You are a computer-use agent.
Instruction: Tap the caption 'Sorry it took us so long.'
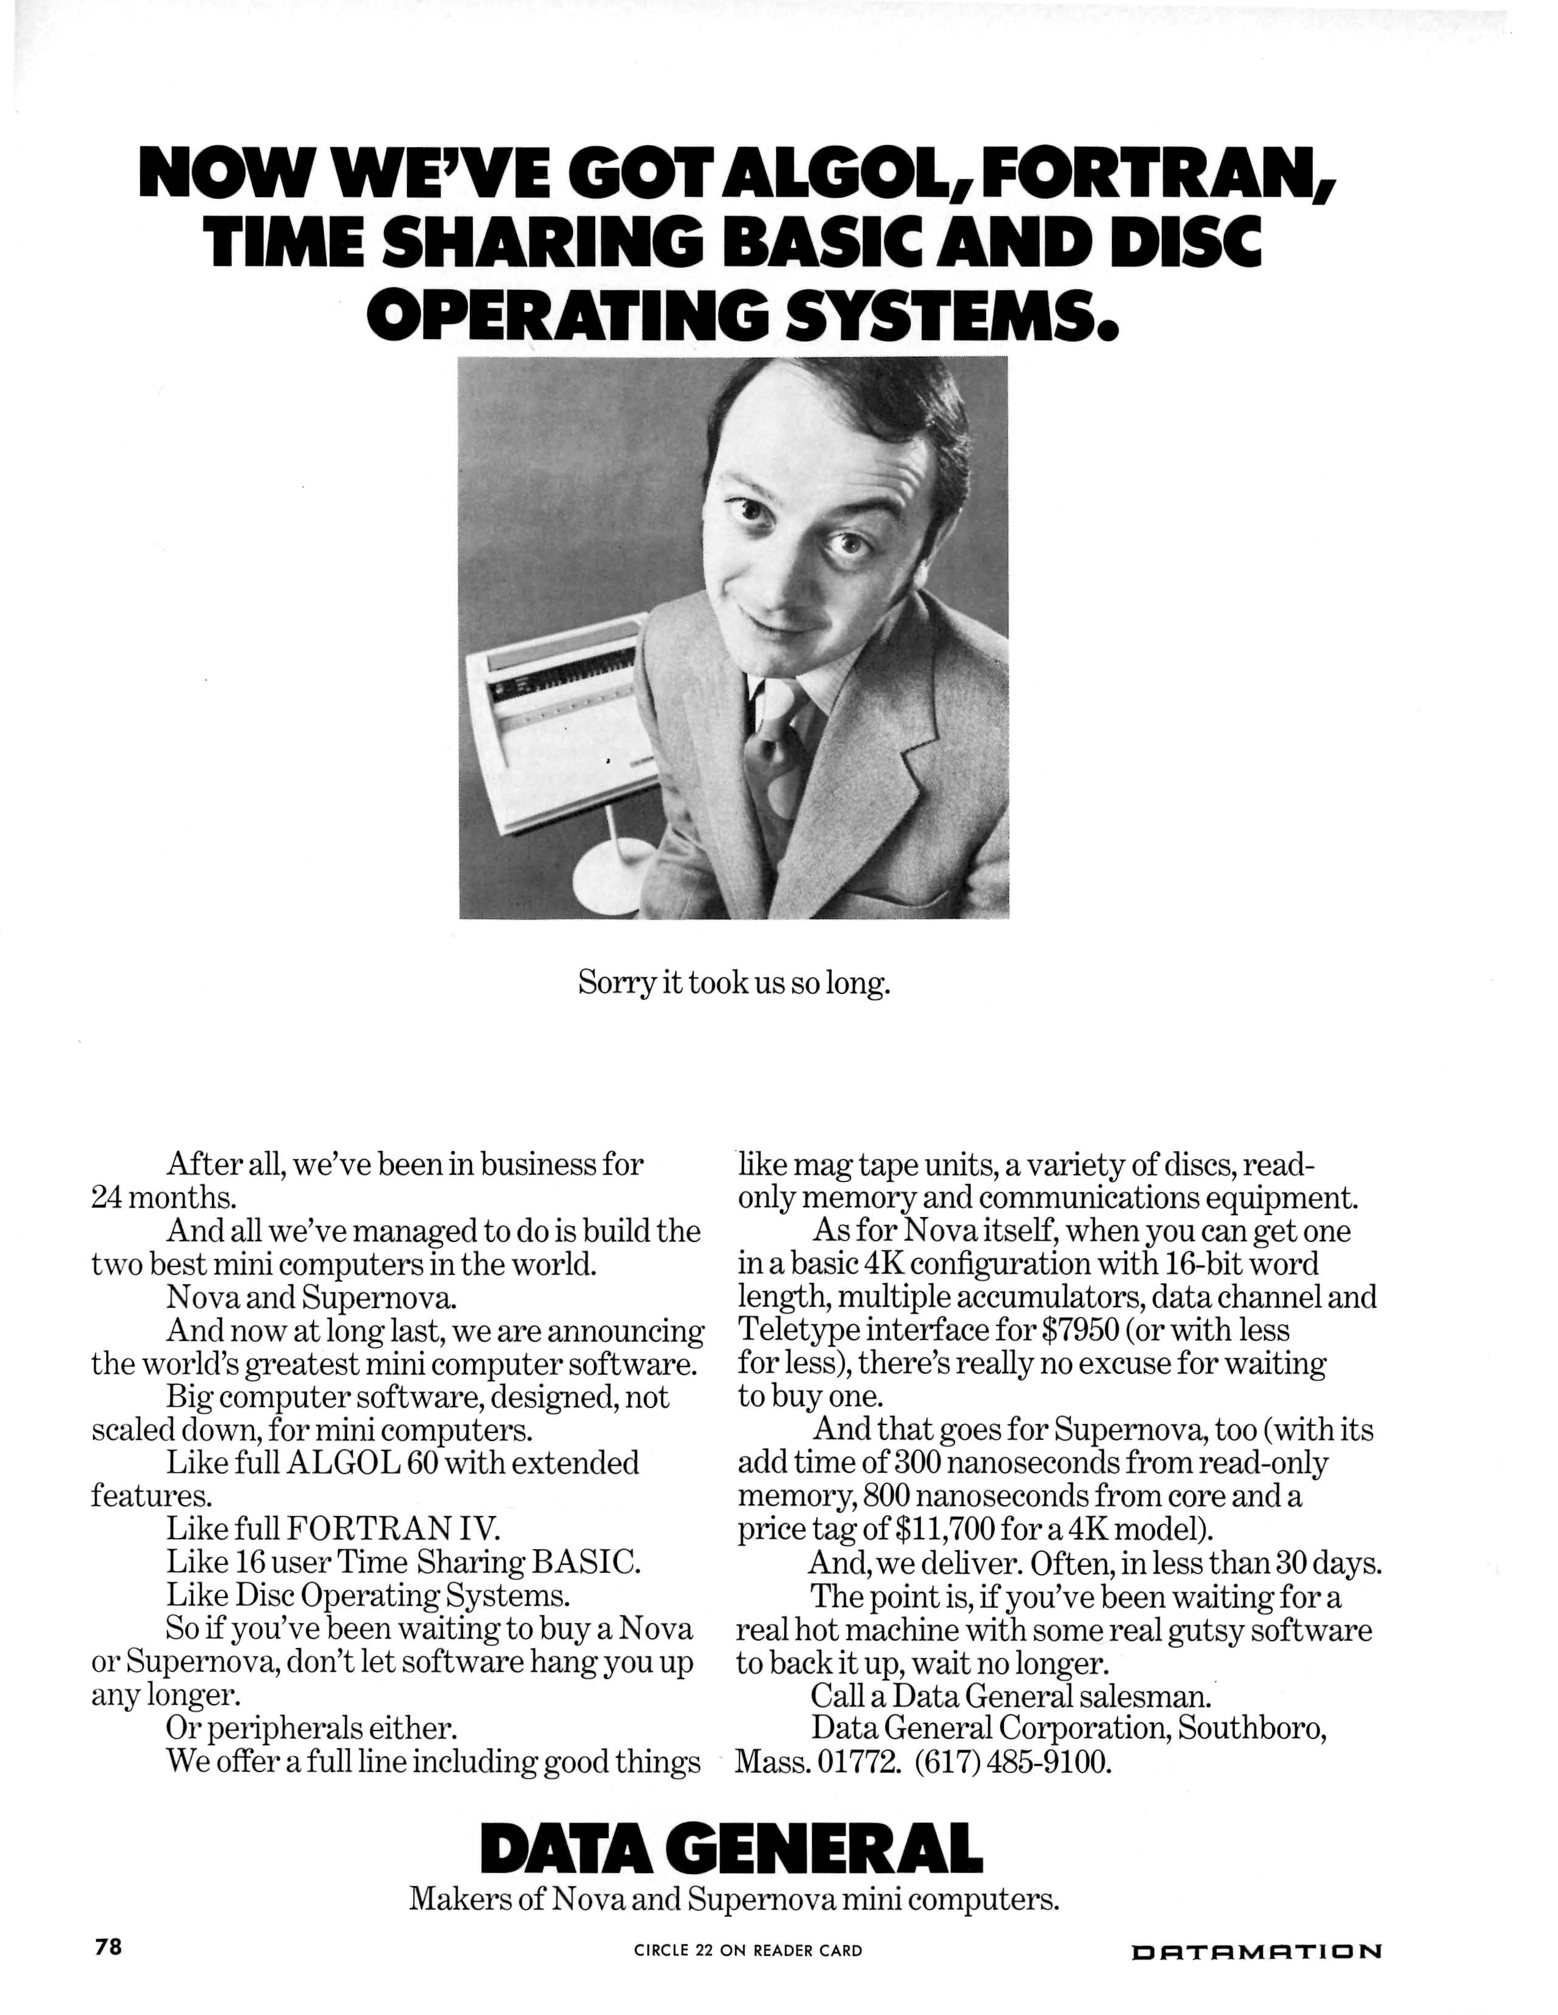734,984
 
